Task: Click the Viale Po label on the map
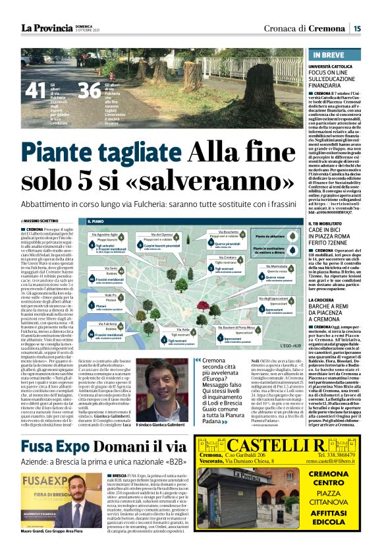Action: [x=111, y=295]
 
